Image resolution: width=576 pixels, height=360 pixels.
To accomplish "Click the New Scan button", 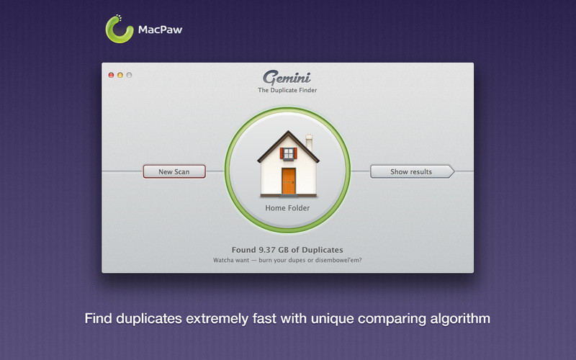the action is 174,171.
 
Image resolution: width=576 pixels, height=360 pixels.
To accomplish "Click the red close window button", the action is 111,75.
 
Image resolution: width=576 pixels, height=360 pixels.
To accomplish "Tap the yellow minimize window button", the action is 120,75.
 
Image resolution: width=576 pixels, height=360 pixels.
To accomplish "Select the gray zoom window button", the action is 129,75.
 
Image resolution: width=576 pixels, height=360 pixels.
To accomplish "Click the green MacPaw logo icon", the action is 120,30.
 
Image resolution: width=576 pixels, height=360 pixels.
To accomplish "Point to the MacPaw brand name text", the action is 160,30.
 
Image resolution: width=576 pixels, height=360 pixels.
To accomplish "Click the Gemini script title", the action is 287,78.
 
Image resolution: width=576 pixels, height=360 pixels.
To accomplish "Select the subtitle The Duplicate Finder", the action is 287,90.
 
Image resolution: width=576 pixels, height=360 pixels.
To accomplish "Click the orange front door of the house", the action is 289,181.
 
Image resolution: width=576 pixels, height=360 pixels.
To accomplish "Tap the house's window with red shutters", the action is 289,153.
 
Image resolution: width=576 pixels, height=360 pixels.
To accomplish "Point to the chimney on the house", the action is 309,143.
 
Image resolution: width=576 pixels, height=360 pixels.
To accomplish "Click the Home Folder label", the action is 287,208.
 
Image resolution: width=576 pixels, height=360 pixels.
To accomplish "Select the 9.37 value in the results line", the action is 267,250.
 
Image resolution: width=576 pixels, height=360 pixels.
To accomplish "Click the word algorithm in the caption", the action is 460,318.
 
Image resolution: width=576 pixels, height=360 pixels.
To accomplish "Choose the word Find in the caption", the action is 99,318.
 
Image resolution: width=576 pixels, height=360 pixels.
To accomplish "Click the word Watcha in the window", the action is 223,260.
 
